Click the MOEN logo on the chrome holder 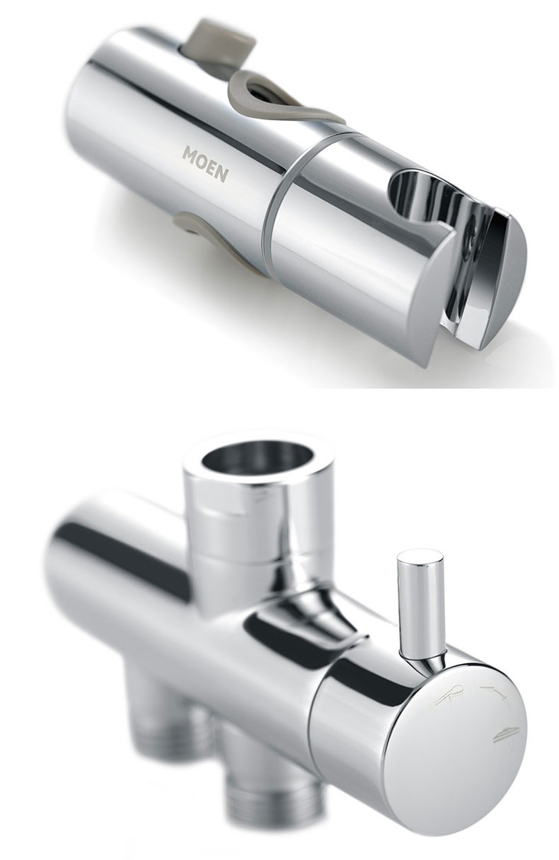(205, 163)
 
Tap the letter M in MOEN (189, 154)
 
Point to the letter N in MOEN (222, 174)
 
